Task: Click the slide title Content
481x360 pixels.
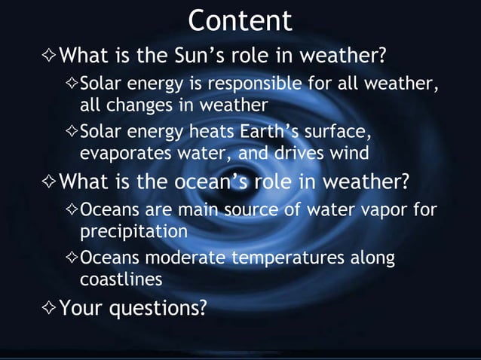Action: click(240, 20)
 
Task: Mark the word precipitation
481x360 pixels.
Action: click(133, 229)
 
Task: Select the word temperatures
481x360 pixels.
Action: click(290, 259)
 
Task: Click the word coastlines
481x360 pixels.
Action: click(121, 279)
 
